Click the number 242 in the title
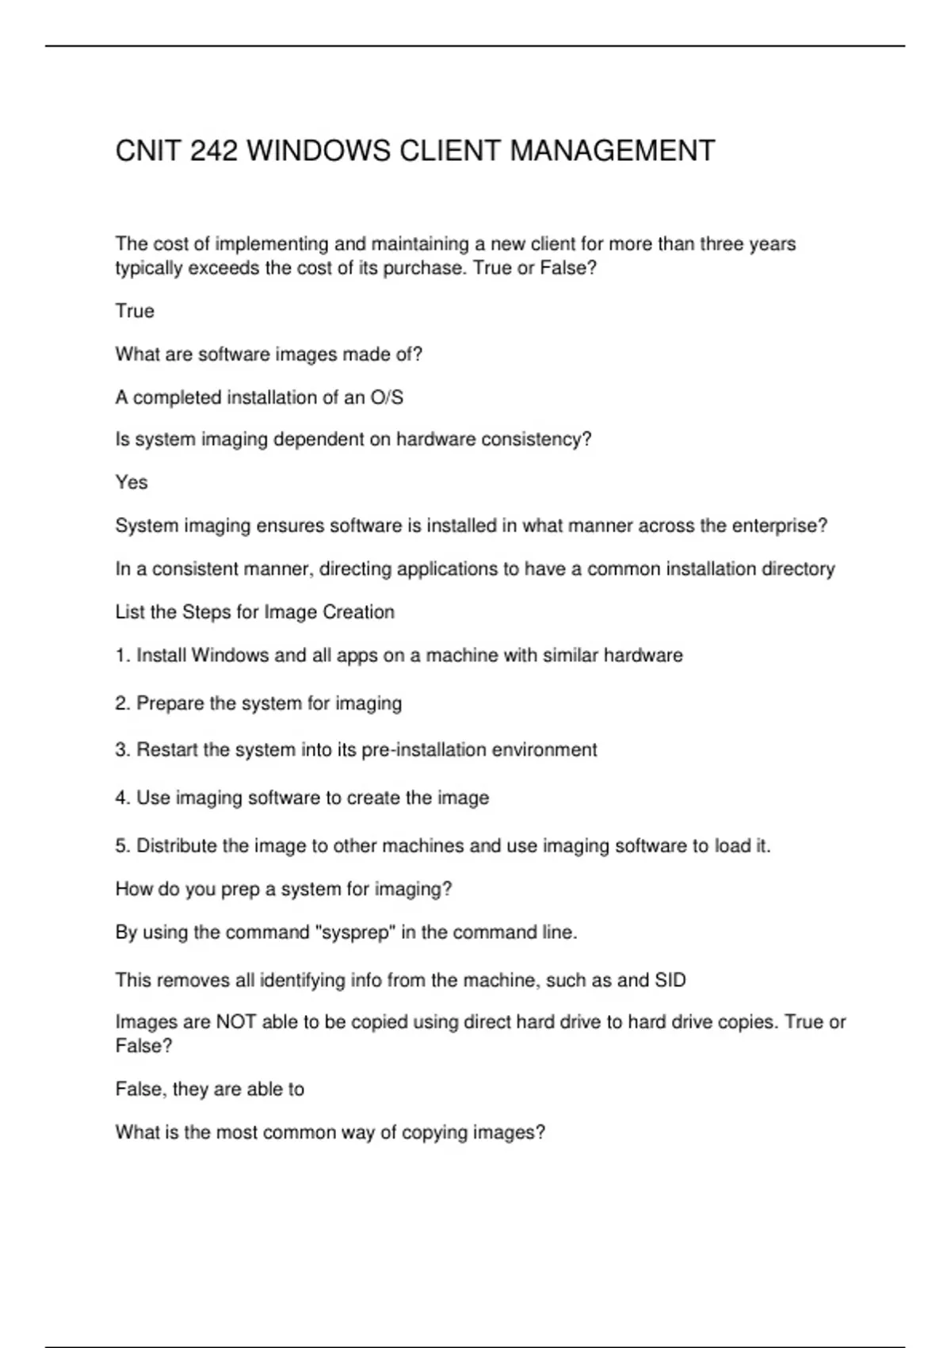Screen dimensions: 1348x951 pyautogui.click(x=213, y=151)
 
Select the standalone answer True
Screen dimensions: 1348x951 pyautogui.click(x=135, y=311)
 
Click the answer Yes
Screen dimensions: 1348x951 pyautogui.click(x=132, y=482)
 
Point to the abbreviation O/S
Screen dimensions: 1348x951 pyautogui.click(x=387, y=397)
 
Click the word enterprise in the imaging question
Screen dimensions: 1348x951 pyautogui.click(x=777, y=526)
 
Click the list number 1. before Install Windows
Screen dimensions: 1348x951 pyautogui.click(x=123, y=656)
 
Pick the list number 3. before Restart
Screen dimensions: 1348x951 pyautogui.click(x=123, y=750)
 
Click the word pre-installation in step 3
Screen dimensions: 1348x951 pyautogui.click(x=424, y=750)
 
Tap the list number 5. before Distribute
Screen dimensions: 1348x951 pyautogui.click(x=123, y=846)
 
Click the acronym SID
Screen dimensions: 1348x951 pyautogui.click(x=670, y=981)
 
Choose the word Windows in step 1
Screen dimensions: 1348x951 pyautogui.click(x=230, y=656)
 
